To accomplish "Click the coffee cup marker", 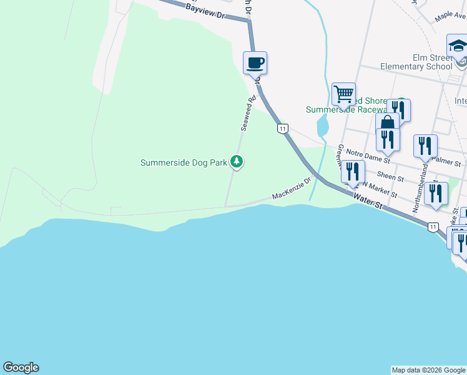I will coord(255,63).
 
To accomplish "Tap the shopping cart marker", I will coord(343,94).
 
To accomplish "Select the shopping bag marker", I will coord(387,122).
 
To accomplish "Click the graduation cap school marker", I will coord(458,46).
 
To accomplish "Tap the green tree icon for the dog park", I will coord(237,162).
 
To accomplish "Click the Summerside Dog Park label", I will coord(183,162).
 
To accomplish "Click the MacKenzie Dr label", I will coord(292,189).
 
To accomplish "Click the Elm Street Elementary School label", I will coord(415,62).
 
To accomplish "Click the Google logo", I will coord(21,367).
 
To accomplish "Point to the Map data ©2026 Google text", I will coord(428,370).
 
